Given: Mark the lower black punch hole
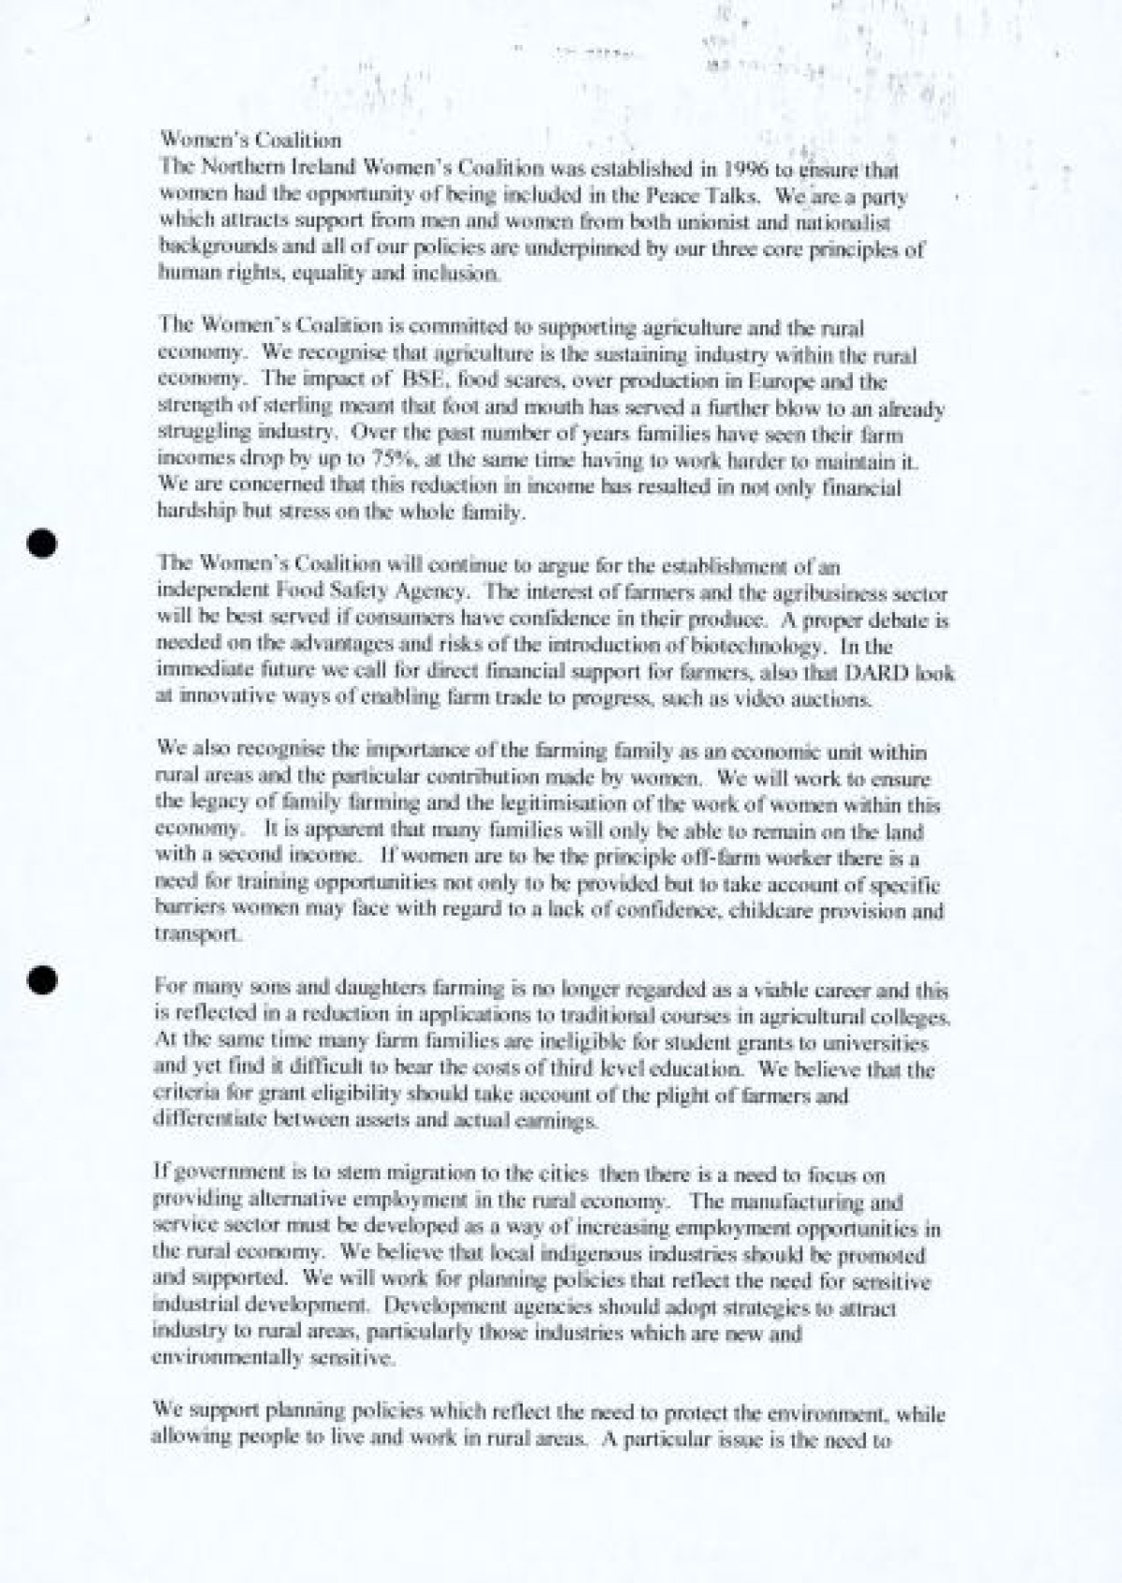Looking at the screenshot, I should tap(43, 977).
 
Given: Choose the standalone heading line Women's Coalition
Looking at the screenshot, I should tap(251, 141).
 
